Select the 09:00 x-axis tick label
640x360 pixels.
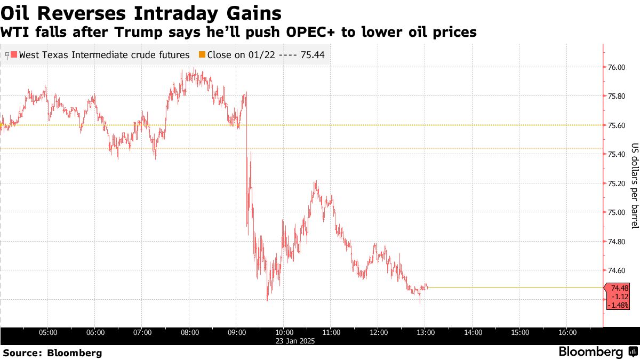click(x=237, y=333)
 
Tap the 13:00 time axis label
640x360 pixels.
click(x=426, y=333)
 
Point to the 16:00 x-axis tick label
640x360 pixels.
click(x=567, y=333)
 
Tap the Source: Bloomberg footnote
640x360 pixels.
click(x=52, y=353)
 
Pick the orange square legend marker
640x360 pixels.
click(x=202, y=55)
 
